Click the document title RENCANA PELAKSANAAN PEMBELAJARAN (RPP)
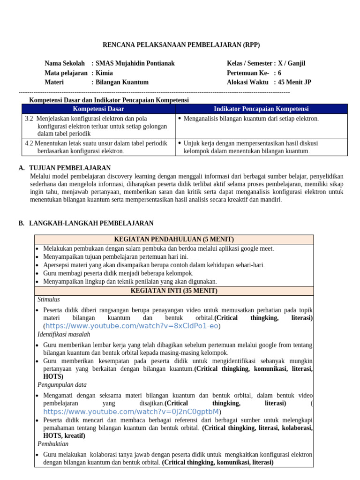(x=181, y=45)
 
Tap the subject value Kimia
(x=104, y=73)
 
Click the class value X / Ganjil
(x=292, y=63)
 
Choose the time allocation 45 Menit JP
(x=295, y=82)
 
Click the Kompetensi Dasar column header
(x=98, y=109)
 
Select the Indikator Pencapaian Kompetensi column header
(x=261, y=109)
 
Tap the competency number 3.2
(x=29, y=119)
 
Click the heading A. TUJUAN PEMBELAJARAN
(x=65, y=168)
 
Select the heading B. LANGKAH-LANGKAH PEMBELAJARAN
(x=86, y=223)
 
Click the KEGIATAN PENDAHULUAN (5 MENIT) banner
(x=174, y=240)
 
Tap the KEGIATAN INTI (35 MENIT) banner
(x=174, y=291)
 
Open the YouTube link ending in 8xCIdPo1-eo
(x=132, y=326)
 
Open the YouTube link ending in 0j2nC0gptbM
(x=131, y=411)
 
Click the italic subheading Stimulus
(x=48, y=300)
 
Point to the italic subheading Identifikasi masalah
(x=64, y=334)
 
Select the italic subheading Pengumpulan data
(x=62, y=384)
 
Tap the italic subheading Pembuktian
(x=53, y=444)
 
